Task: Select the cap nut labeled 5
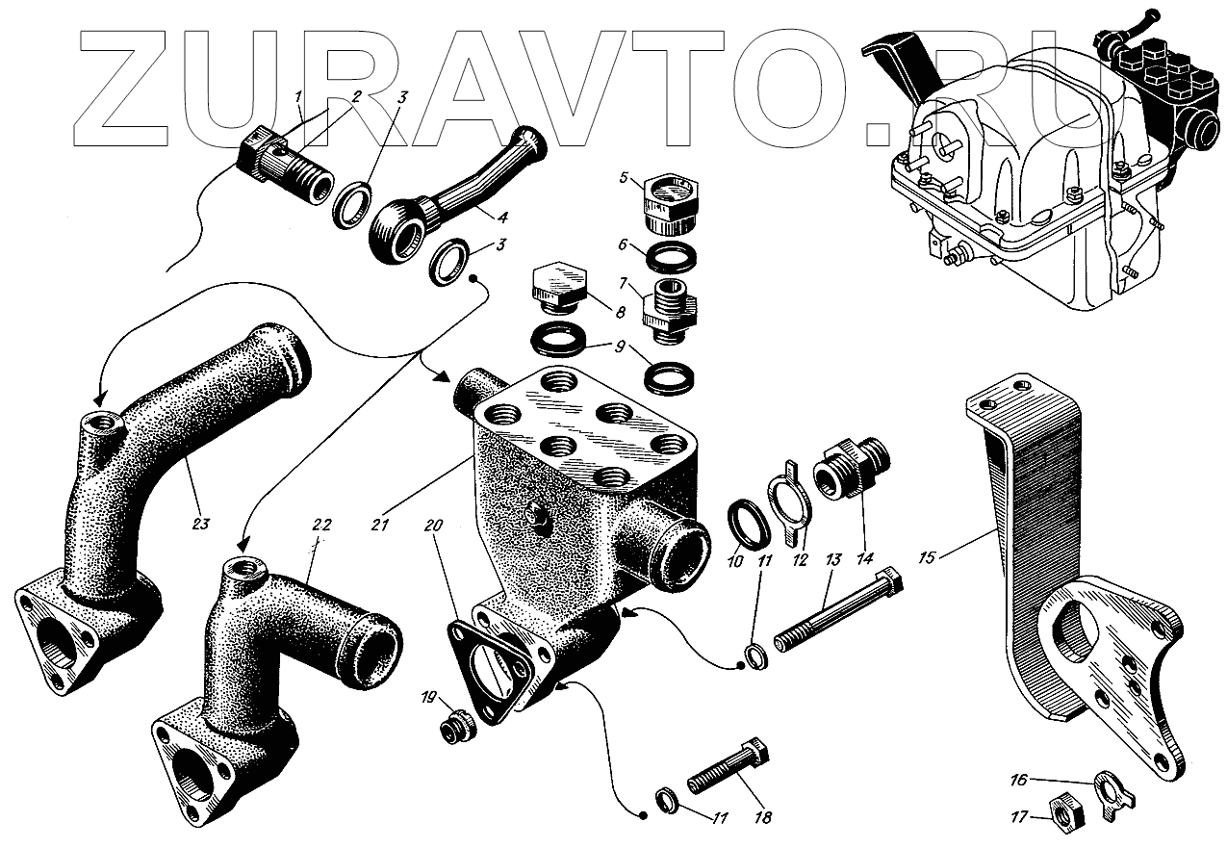click(x=663, y=199)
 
